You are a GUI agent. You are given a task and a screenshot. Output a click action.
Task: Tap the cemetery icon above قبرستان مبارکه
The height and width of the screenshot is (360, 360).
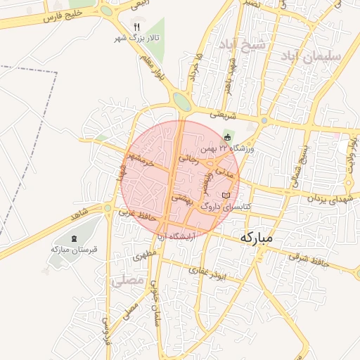[x=75, y=238]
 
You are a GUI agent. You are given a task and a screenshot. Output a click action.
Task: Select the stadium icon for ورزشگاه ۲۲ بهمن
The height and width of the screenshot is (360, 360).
[x=227, y=137]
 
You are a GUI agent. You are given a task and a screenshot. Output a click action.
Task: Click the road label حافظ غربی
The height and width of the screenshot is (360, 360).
[x=136, y=214]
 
